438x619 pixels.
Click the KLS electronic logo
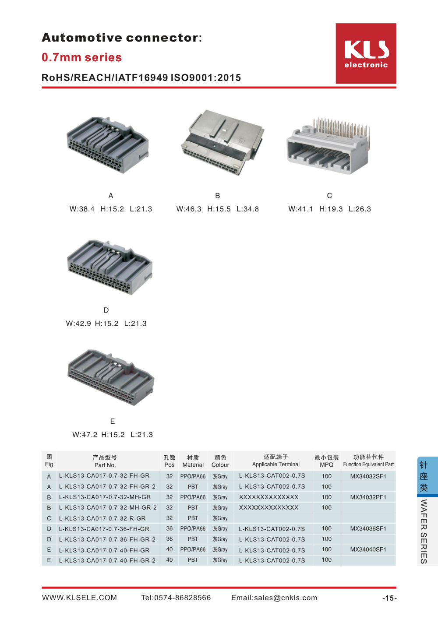pos(366,53)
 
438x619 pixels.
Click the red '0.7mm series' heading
pos(81,57)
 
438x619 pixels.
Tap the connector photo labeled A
pos(108,144)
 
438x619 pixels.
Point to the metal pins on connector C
pos(342,127)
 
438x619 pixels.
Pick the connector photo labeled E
pos(111,376)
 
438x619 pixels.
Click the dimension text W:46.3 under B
pos(189,209)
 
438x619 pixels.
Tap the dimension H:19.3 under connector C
pos(331,209)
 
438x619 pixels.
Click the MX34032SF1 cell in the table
pos(368,476)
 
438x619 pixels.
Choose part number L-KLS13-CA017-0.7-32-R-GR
pos(102,518)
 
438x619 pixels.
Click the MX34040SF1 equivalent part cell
pos(368,549)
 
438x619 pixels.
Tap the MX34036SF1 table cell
pos(368,529)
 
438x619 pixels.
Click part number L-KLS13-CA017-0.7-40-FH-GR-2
pos(107,560)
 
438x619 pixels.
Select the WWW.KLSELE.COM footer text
pos(79,598)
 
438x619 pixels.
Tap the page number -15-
pos(389,598)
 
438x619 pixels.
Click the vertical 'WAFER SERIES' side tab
pos(424,531)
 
